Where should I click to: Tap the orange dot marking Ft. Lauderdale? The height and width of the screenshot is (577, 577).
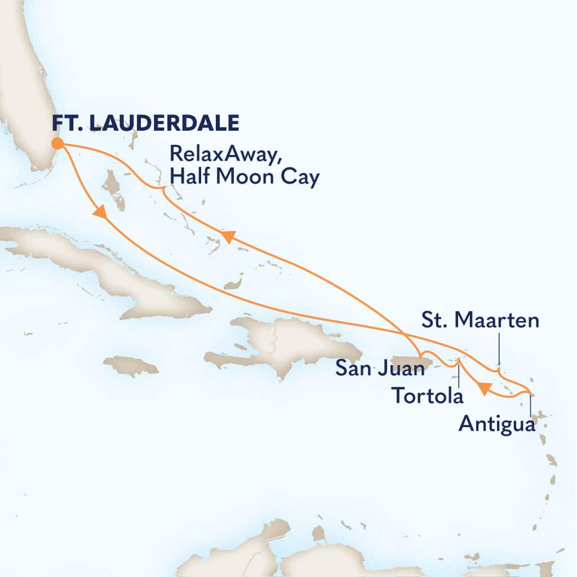(57, 144)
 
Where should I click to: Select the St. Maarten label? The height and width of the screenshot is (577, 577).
(480, 321)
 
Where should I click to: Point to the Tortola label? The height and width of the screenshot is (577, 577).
(428, 396)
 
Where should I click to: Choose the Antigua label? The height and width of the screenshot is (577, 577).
(496, 423)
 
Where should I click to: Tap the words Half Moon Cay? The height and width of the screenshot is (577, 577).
(244, 177)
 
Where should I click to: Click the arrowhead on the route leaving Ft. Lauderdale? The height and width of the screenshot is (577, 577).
(100, 212)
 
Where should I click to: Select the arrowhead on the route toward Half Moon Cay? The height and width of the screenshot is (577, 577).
(227, 237)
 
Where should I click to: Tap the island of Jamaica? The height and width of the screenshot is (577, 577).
(131, 366)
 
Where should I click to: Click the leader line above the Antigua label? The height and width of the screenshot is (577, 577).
(531, 405)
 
